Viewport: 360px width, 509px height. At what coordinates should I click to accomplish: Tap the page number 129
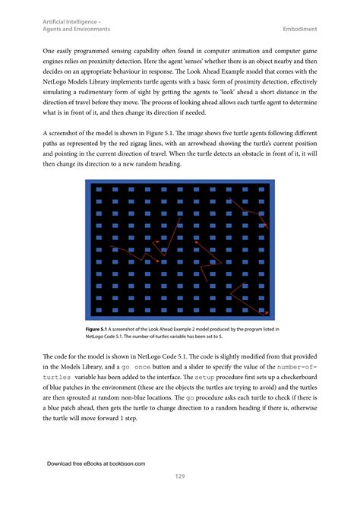click(180, 476)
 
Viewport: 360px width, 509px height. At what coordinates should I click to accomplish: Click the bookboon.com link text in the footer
click(122, 463)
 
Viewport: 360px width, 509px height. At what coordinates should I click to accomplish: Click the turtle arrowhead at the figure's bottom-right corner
click(264, 311)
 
